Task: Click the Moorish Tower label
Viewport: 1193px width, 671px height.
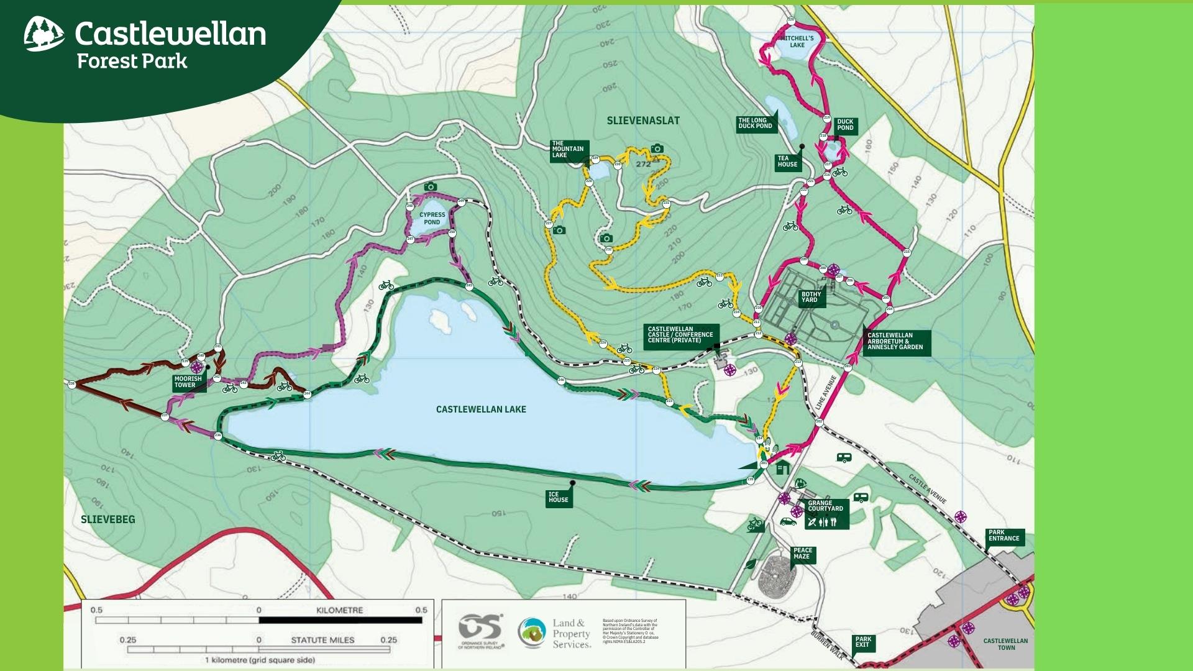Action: click(x=188, y=381)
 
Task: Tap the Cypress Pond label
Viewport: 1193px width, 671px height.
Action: click(x=432, y=218)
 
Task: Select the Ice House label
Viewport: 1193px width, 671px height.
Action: click(x=558, y=497)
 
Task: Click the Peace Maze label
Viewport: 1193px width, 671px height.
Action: click(x=802, y=553)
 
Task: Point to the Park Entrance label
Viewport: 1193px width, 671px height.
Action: click(x=1003, y=535)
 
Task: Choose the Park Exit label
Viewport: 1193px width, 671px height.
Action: click(x=863, y=642)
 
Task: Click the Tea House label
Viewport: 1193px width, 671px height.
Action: click(x=787, y=162)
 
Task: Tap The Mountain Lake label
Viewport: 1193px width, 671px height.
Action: click(x=568, y=149)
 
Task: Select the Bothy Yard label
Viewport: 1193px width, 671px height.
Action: click(x=811, y=297)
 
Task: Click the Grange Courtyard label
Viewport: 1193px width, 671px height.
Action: click(x=825, y=506)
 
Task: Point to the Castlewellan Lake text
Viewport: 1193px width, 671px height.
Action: click(x=481, y=409)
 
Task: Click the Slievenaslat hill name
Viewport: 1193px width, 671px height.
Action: click(x=643, y=121)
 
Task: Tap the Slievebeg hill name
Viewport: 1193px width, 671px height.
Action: click(x=107, y=519)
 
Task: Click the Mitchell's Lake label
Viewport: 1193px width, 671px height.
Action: click(x=797, y=42)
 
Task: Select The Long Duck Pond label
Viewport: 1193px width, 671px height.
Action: click(x=755, y=123)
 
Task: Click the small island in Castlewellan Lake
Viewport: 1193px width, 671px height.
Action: click(x=439, y=320)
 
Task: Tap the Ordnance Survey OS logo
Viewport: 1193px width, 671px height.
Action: click(x=479, y=630)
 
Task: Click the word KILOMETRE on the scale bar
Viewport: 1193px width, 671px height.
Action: click(x=339, y=610)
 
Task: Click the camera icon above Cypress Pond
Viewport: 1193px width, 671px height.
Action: click(x=430, y=186)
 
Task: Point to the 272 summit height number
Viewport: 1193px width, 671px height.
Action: click(x=643, y=164)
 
